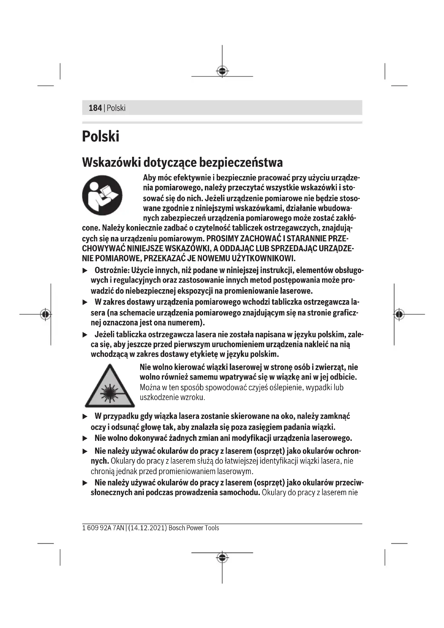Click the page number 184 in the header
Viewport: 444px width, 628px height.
tap(95, 108)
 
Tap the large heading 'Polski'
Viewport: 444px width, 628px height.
tap(101, 136)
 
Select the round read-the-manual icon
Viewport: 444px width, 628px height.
tap(102, 195)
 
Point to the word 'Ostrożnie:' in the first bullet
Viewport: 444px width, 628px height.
tap(112, 270)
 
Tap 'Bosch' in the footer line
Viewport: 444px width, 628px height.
tap(177, 528)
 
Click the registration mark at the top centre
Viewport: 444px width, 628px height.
tap(222, 71)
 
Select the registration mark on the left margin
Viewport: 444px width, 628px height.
tap(45, 314)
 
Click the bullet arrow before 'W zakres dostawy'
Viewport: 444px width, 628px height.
tap(85, 302)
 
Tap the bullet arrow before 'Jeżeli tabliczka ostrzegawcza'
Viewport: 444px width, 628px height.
tap(85, 335)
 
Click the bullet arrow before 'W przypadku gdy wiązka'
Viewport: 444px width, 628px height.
tap(85, 417)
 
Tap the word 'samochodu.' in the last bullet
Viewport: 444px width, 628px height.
tap(240, 493)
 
